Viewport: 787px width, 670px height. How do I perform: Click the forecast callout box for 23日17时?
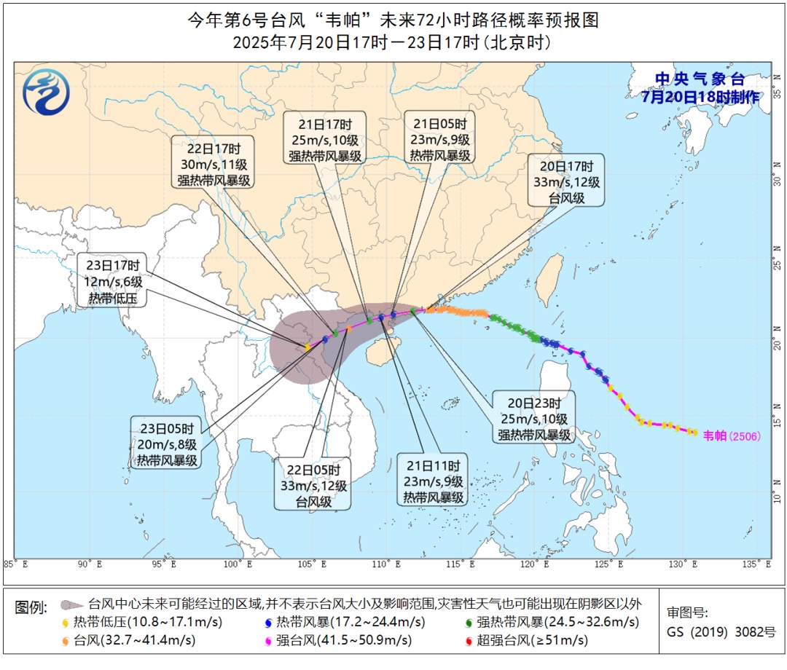113,280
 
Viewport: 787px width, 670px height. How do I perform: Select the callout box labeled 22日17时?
214,162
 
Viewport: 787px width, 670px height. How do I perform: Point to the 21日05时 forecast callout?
440,138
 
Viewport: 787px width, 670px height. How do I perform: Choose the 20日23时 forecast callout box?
535,419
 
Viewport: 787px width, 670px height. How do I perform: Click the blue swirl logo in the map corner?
46,92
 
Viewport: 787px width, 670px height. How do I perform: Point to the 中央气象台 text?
699,79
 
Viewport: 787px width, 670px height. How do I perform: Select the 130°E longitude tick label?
685,564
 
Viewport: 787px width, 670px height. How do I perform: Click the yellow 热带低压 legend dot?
67,623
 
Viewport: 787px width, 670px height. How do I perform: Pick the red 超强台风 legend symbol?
467,642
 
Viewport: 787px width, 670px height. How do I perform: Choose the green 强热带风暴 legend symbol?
467,623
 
